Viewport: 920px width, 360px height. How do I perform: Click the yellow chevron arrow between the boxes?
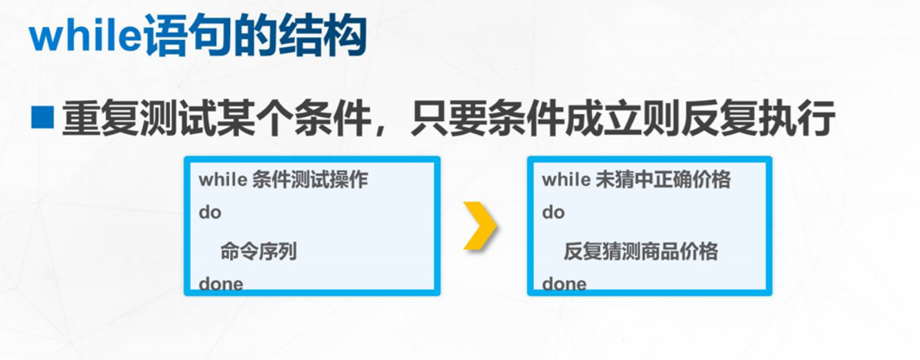(x=479, y=225)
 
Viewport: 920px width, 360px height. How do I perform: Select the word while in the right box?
(x=566, y=180)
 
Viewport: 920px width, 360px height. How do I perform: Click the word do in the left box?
(x=210, y=213)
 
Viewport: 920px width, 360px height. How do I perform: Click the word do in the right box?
(x=553, y=213)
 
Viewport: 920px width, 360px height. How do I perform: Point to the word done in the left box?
(x=221, y=284)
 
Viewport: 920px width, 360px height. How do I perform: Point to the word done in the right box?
(x=564, y=284)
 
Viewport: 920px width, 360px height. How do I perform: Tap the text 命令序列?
(x=258, y=252)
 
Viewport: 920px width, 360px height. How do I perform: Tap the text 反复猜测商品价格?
(x=640, y=252)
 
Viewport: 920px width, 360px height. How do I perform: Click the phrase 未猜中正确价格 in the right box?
(x=662, y=180)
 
